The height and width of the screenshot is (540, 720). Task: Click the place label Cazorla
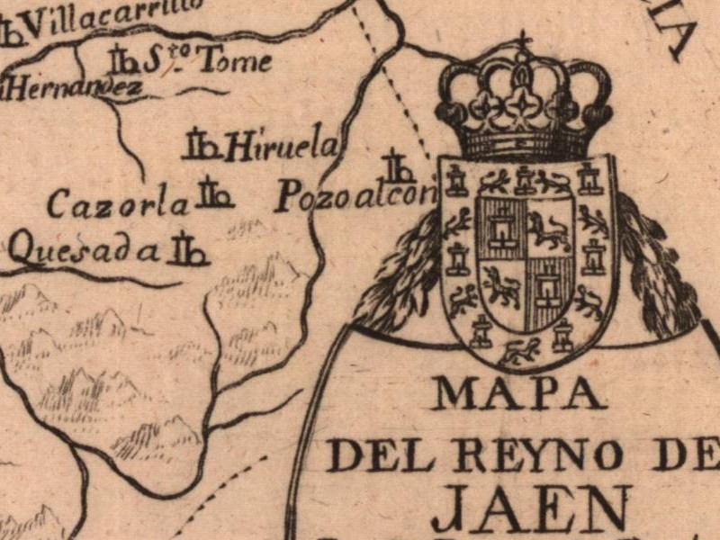tap(118, 204)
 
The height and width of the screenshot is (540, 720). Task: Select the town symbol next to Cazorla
tap(215, 194)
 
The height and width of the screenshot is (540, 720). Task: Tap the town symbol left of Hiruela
tap(202, 145)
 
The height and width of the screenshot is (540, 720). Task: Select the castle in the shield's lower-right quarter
tap(546, 288)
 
